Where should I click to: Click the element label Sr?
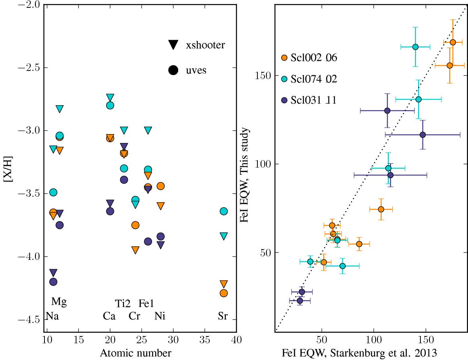223,316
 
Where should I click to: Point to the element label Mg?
60,302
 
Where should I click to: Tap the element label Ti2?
124,303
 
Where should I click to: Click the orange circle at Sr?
224,293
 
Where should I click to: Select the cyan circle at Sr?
224,211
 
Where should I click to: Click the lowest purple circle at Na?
53,281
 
